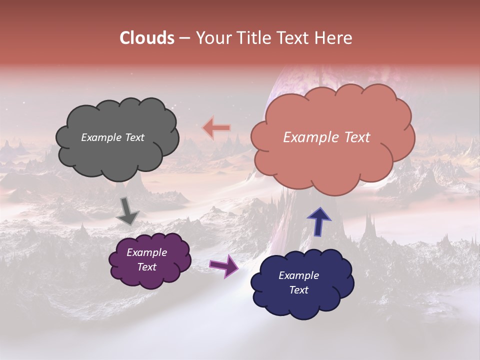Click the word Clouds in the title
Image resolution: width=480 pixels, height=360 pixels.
[x=146, y=38]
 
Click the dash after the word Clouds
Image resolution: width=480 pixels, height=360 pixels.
[x=184, y=38]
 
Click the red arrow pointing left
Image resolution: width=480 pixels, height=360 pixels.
[x=216, y=128]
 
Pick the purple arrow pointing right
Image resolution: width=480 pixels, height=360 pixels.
[x=224, y=265]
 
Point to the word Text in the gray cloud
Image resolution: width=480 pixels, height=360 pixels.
[x=134, y=137]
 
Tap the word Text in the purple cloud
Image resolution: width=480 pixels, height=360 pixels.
[x=147, y=267]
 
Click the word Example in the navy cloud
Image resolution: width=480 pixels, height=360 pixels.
[x=298, y=275]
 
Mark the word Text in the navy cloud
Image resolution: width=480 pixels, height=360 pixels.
[x=299, y=290]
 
